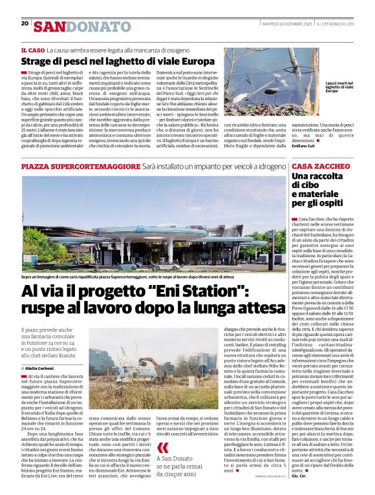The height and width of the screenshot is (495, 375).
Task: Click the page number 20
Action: point(25,23)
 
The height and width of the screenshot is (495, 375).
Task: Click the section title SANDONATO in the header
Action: point(82,26)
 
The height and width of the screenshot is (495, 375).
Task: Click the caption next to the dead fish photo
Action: point(338,87)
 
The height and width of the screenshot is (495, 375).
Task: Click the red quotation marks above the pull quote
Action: point(162,430)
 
